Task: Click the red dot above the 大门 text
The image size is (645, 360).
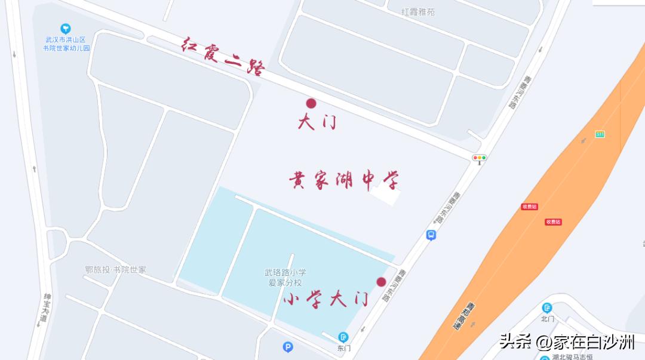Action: point(311,103)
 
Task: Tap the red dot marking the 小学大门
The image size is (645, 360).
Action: point(381,282)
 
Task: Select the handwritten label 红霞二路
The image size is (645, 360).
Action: point(223,57)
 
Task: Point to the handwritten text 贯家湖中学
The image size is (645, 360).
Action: point(343,180)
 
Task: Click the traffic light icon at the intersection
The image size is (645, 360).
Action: point(479,158)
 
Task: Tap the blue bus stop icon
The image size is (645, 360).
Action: point(431,235)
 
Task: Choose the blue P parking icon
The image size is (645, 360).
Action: point(288,347)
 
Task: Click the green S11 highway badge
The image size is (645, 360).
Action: point(600,134)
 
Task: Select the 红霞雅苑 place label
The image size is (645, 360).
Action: point(418,12)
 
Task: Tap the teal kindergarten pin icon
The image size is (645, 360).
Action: point(66,29)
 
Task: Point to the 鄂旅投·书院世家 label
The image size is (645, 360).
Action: point(115,270)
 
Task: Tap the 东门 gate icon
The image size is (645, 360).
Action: point(343,337)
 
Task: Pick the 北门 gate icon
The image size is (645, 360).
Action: point(547,308)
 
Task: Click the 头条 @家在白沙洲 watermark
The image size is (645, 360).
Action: point(567,341)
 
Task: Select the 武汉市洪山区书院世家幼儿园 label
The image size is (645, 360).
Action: point(66,44)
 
